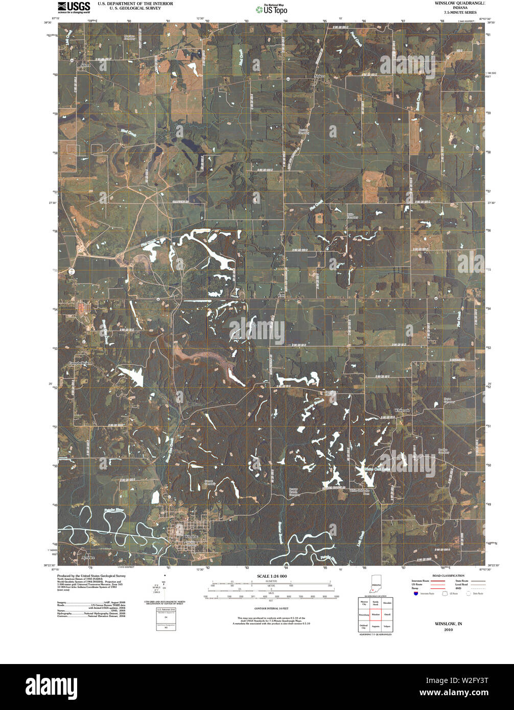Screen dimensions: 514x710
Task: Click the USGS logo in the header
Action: click(x=74, y=7)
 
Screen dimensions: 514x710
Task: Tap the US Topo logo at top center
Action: click(x=275, y=9)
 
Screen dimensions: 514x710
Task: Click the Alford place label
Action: click(x=85, y=65)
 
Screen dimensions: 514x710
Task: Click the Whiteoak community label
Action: click(x=402, y=410)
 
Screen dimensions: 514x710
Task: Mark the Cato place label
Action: click(x=281, y=295)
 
